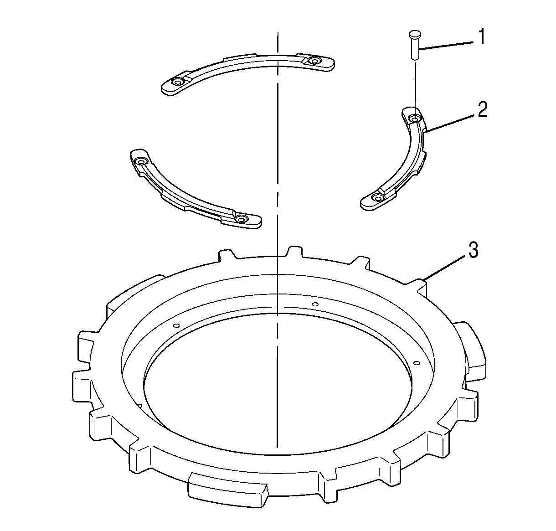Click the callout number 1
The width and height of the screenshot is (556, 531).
[x=482, y=36]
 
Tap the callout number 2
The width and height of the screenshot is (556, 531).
[x=483, y=109]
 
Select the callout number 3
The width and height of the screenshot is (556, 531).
[x=473, y=250]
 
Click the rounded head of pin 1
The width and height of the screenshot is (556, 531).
[x=415, y=35]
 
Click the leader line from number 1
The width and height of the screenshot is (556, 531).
[x=446, y=46]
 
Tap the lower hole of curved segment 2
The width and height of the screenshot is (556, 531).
[x=377, y=197]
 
